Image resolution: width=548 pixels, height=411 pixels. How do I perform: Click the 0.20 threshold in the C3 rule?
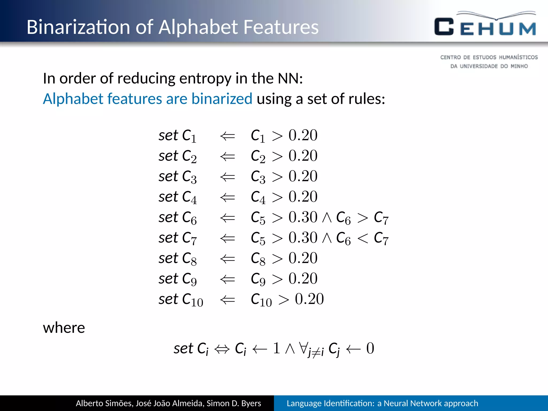303,177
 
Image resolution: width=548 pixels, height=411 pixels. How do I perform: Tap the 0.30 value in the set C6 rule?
303,217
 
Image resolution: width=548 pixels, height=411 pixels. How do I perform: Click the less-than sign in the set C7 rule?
363,238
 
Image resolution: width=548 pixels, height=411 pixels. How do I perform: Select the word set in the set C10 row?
168,299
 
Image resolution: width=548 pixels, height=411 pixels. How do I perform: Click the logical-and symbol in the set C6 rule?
327,218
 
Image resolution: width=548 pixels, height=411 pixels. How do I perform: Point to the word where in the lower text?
64,328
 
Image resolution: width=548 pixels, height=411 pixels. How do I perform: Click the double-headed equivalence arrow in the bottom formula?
222,349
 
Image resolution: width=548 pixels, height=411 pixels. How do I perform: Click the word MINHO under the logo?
519,66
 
